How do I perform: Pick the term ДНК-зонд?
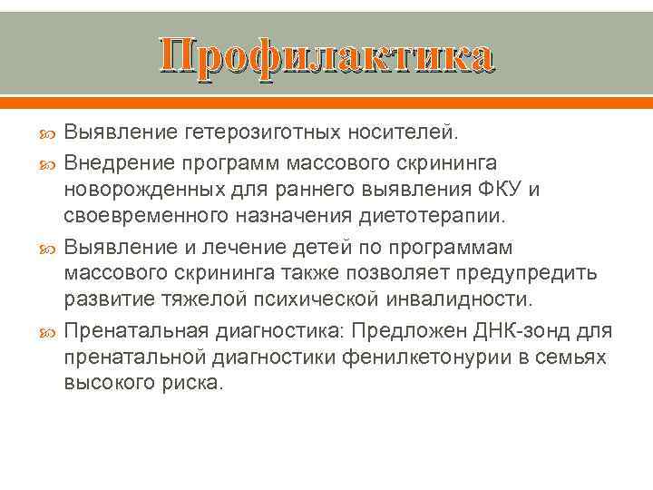pyautogui.click(x=523, y=330)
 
